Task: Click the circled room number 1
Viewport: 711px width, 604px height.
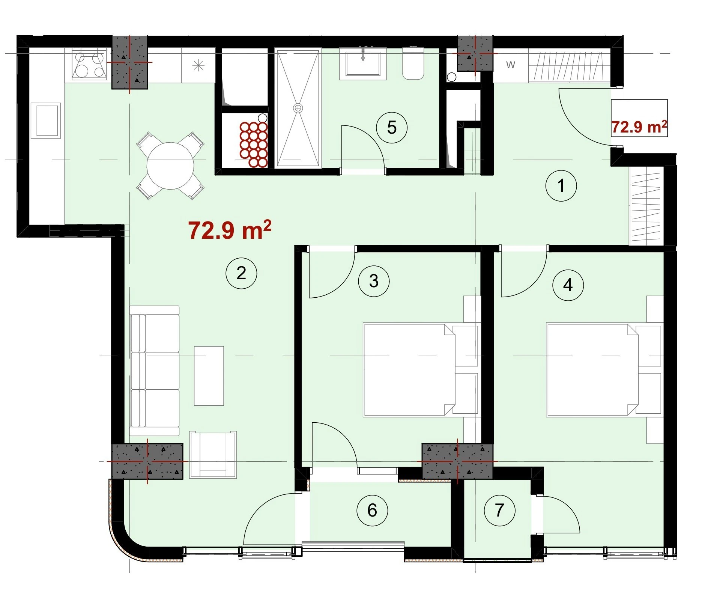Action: (561, 186)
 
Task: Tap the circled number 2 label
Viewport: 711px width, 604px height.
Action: (241, 273)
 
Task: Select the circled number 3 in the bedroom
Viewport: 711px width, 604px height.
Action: (374, 281)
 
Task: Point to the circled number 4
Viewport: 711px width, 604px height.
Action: (568, 285)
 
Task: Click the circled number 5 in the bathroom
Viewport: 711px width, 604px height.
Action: (392, 128)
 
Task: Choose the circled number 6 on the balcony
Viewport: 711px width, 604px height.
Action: (372, 510)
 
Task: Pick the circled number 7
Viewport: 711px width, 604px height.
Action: (499, 510)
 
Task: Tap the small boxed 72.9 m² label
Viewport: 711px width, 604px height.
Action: (639, 127)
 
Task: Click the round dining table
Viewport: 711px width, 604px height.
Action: (170, 166)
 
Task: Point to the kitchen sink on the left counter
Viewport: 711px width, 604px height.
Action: (48, 120)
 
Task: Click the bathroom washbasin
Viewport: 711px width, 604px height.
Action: (363, 63)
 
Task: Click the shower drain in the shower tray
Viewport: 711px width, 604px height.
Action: (298, 108)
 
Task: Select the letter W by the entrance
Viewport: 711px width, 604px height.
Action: (511, 65)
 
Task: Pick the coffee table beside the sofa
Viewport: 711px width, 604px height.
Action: (209, 376)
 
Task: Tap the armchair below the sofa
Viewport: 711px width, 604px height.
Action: (213, 455)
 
